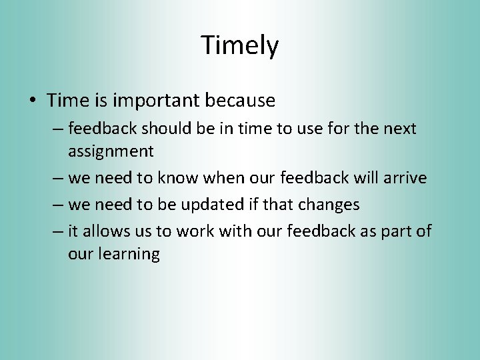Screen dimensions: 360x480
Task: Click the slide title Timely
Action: [x=239, y=45]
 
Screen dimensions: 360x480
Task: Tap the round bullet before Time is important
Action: [x=33, y=101]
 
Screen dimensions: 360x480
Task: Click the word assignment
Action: [x=111, y=152]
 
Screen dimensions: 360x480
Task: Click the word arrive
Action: [x=403, y=178]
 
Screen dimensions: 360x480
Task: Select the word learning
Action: [x=130, y=255]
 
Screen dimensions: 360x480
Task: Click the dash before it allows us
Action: [x=57, y=231]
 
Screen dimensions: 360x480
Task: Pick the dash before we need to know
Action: [x=57, y=179]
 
